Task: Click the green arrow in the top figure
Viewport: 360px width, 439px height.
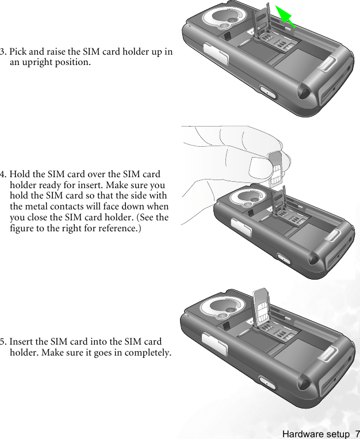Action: tap(286, 16)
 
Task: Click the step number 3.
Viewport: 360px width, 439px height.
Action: tap(3, 52)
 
